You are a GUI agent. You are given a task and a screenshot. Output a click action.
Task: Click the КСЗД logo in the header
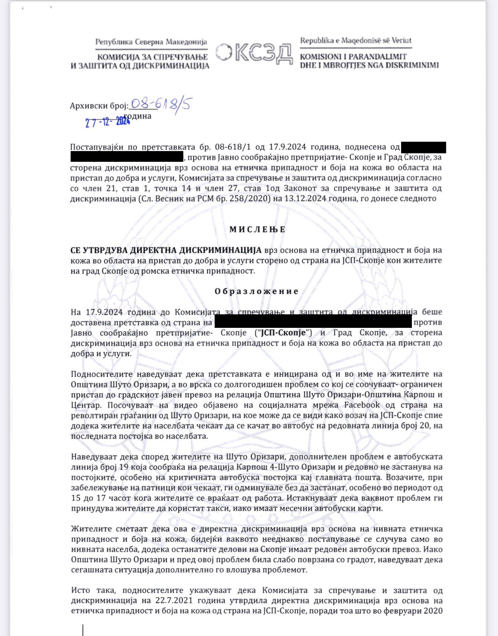254,54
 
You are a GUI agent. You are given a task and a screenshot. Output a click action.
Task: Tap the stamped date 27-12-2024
108,122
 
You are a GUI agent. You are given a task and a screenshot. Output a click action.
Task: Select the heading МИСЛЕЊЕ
257,229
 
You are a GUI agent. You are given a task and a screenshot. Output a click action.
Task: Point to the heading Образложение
257,291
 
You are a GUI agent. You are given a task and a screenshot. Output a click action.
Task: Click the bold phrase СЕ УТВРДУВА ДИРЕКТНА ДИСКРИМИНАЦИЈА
166,250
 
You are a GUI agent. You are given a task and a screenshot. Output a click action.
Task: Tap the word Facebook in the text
362,405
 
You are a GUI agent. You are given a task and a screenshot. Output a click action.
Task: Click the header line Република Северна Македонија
151,42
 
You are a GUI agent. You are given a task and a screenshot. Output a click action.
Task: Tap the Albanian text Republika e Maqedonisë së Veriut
356,41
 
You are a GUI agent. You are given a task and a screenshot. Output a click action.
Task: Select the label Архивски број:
99,106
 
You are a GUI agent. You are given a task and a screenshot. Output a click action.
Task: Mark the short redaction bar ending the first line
423,147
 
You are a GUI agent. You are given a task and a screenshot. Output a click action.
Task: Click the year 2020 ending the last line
433,611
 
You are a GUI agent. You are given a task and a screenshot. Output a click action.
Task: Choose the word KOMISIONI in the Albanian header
322,57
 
